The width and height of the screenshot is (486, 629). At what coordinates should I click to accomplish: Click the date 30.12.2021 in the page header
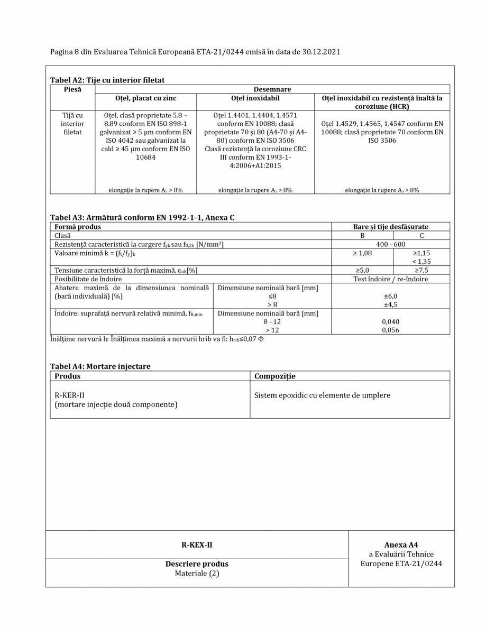(x=318, y=52)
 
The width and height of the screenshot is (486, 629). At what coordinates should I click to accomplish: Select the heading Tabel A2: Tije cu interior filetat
(x=107, y=80)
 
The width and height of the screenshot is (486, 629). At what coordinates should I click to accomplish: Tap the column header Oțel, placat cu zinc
(x=146, y=98)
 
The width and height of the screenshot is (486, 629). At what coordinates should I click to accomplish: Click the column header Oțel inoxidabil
(x=255, y=98)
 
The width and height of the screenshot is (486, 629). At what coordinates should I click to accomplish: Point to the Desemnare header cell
(x=272, y=89)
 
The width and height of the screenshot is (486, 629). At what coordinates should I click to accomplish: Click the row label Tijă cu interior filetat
(x=72, y=123)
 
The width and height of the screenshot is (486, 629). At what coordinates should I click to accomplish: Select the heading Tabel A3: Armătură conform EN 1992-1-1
(x=142, y=218)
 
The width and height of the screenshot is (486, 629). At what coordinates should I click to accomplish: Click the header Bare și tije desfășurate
(x=390, y=227)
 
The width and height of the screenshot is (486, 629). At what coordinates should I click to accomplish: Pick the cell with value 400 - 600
(x=390, y=244)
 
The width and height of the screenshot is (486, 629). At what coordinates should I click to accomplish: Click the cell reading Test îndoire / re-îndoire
(x=390, y=279)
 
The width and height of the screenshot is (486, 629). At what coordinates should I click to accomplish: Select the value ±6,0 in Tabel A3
(x=390, y=297)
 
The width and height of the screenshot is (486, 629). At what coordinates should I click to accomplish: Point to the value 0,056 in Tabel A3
(x=390, y=330)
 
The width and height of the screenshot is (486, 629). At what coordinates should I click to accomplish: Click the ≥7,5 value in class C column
(x=421, y=270)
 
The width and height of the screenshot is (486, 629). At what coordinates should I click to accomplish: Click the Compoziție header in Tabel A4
(x=275, y=376)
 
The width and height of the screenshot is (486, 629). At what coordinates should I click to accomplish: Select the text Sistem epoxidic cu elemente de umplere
(x=323, y=395)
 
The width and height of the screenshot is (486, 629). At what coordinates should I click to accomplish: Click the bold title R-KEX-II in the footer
(x=197, y=545)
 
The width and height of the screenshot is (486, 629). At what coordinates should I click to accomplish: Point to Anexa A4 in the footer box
(x=401, y=545)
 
